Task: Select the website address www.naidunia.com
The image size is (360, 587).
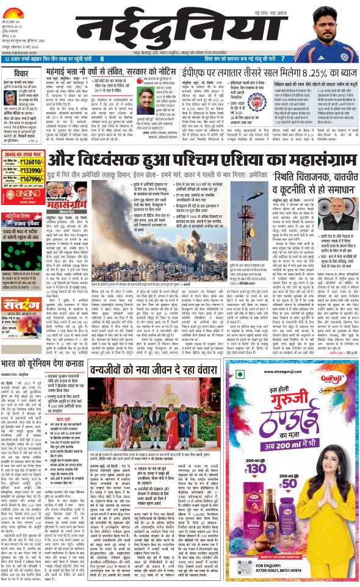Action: click(x=19, y=52)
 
